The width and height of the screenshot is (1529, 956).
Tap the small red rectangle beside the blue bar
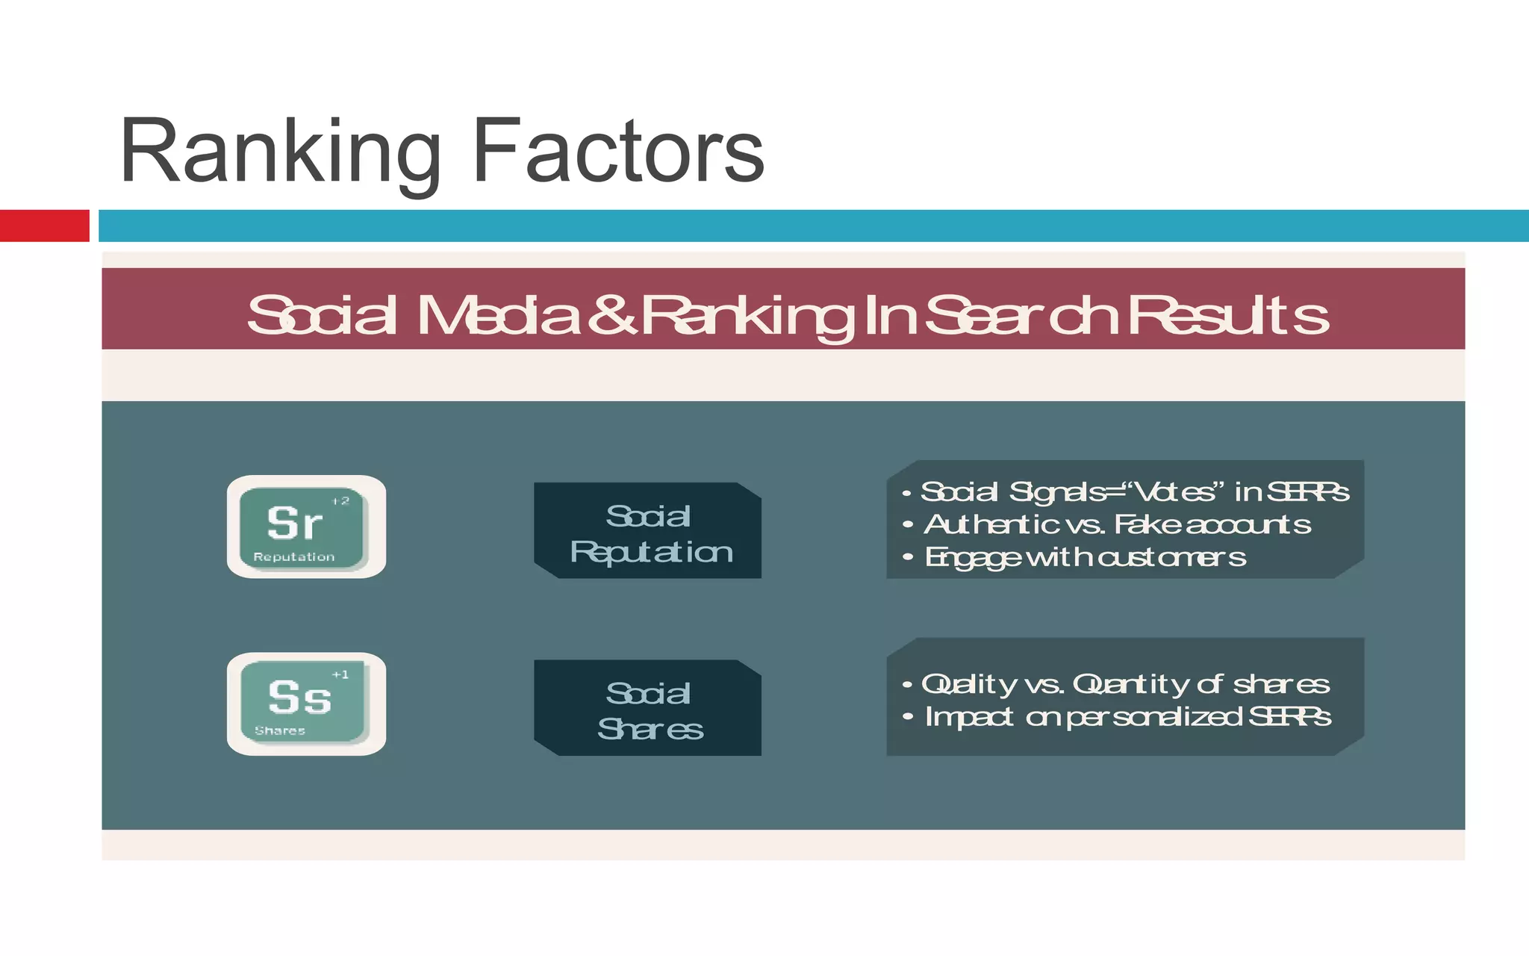click(x=44, y=226)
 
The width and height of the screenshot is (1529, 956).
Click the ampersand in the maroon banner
click(x=611, y=315)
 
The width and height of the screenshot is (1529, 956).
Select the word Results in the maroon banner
click(x=1228, y=315)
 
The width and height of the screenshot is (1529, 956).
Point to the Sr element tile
click(x=305, y=527)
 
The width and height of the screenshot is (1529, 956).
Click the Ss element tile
click(x=305, y=704)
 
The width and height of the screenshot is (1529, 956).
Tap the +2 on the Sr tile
click(x=340, y=501)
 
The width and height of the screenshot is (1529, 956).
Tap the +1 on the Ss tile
click(x=340, y=674)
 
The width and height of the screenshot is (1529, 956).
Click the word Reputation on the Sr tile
click(x=294, y=557)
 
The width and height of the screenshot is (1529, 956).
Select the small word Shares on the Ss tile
click(x=280, y=731)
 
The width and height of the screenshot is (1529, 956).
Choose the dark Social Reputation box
click(x=648, y=531)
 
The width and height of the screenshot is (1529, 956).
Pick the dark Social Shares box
click(x=648, y=708)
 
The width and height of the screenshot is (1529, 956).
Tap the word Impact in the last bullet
click(x=969, y=717)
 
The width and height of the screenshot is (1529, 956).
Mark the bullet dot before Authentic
click(x=908, y=525)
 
